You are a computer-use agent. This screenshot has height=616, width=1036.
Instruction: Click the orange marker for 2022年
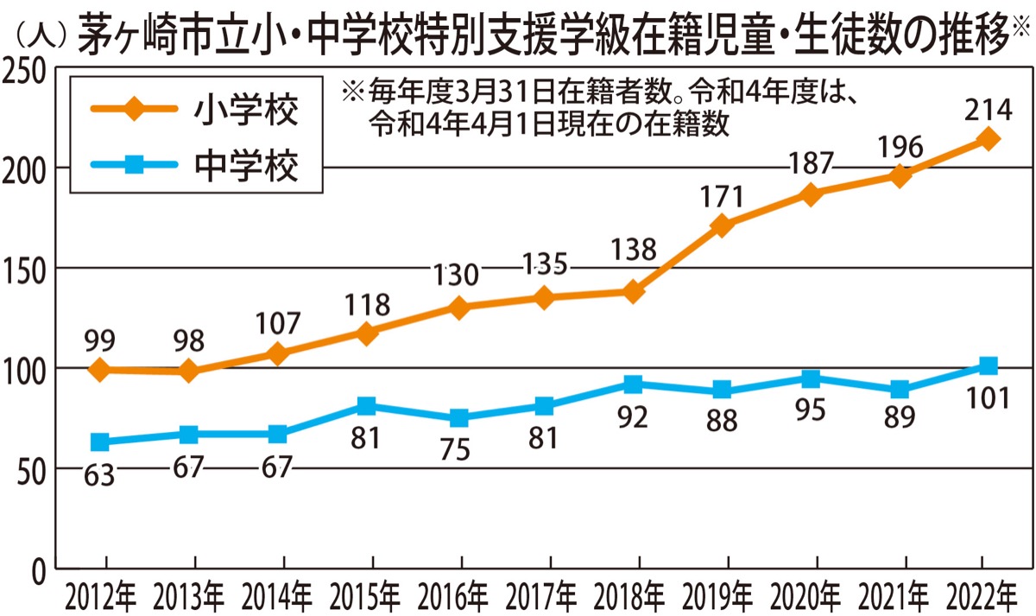click(x=989, y=139)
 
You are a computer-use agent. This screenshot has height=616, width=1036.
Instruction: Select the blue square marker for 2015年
click(x=366, y=406)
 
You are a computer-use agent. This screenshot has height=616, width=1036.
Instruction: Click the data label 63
click(x=100, y=474)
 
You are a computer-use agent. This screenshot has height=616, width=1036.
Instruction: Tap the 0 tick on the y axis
click(x=40, y=570)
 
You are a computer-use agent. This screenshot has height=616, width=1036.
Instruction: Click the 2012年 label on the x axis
click(x=98, y=596)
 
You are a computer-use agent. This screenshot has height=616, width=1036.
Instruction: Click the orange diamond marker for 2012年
click(x=100, y=370)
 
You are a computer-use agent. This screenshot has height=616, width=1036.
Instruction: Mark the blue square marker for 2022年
click(x=989, y=366)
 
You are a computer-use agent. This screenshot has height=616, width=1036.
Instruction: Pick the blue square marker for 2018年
click(x=633, y=384)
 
